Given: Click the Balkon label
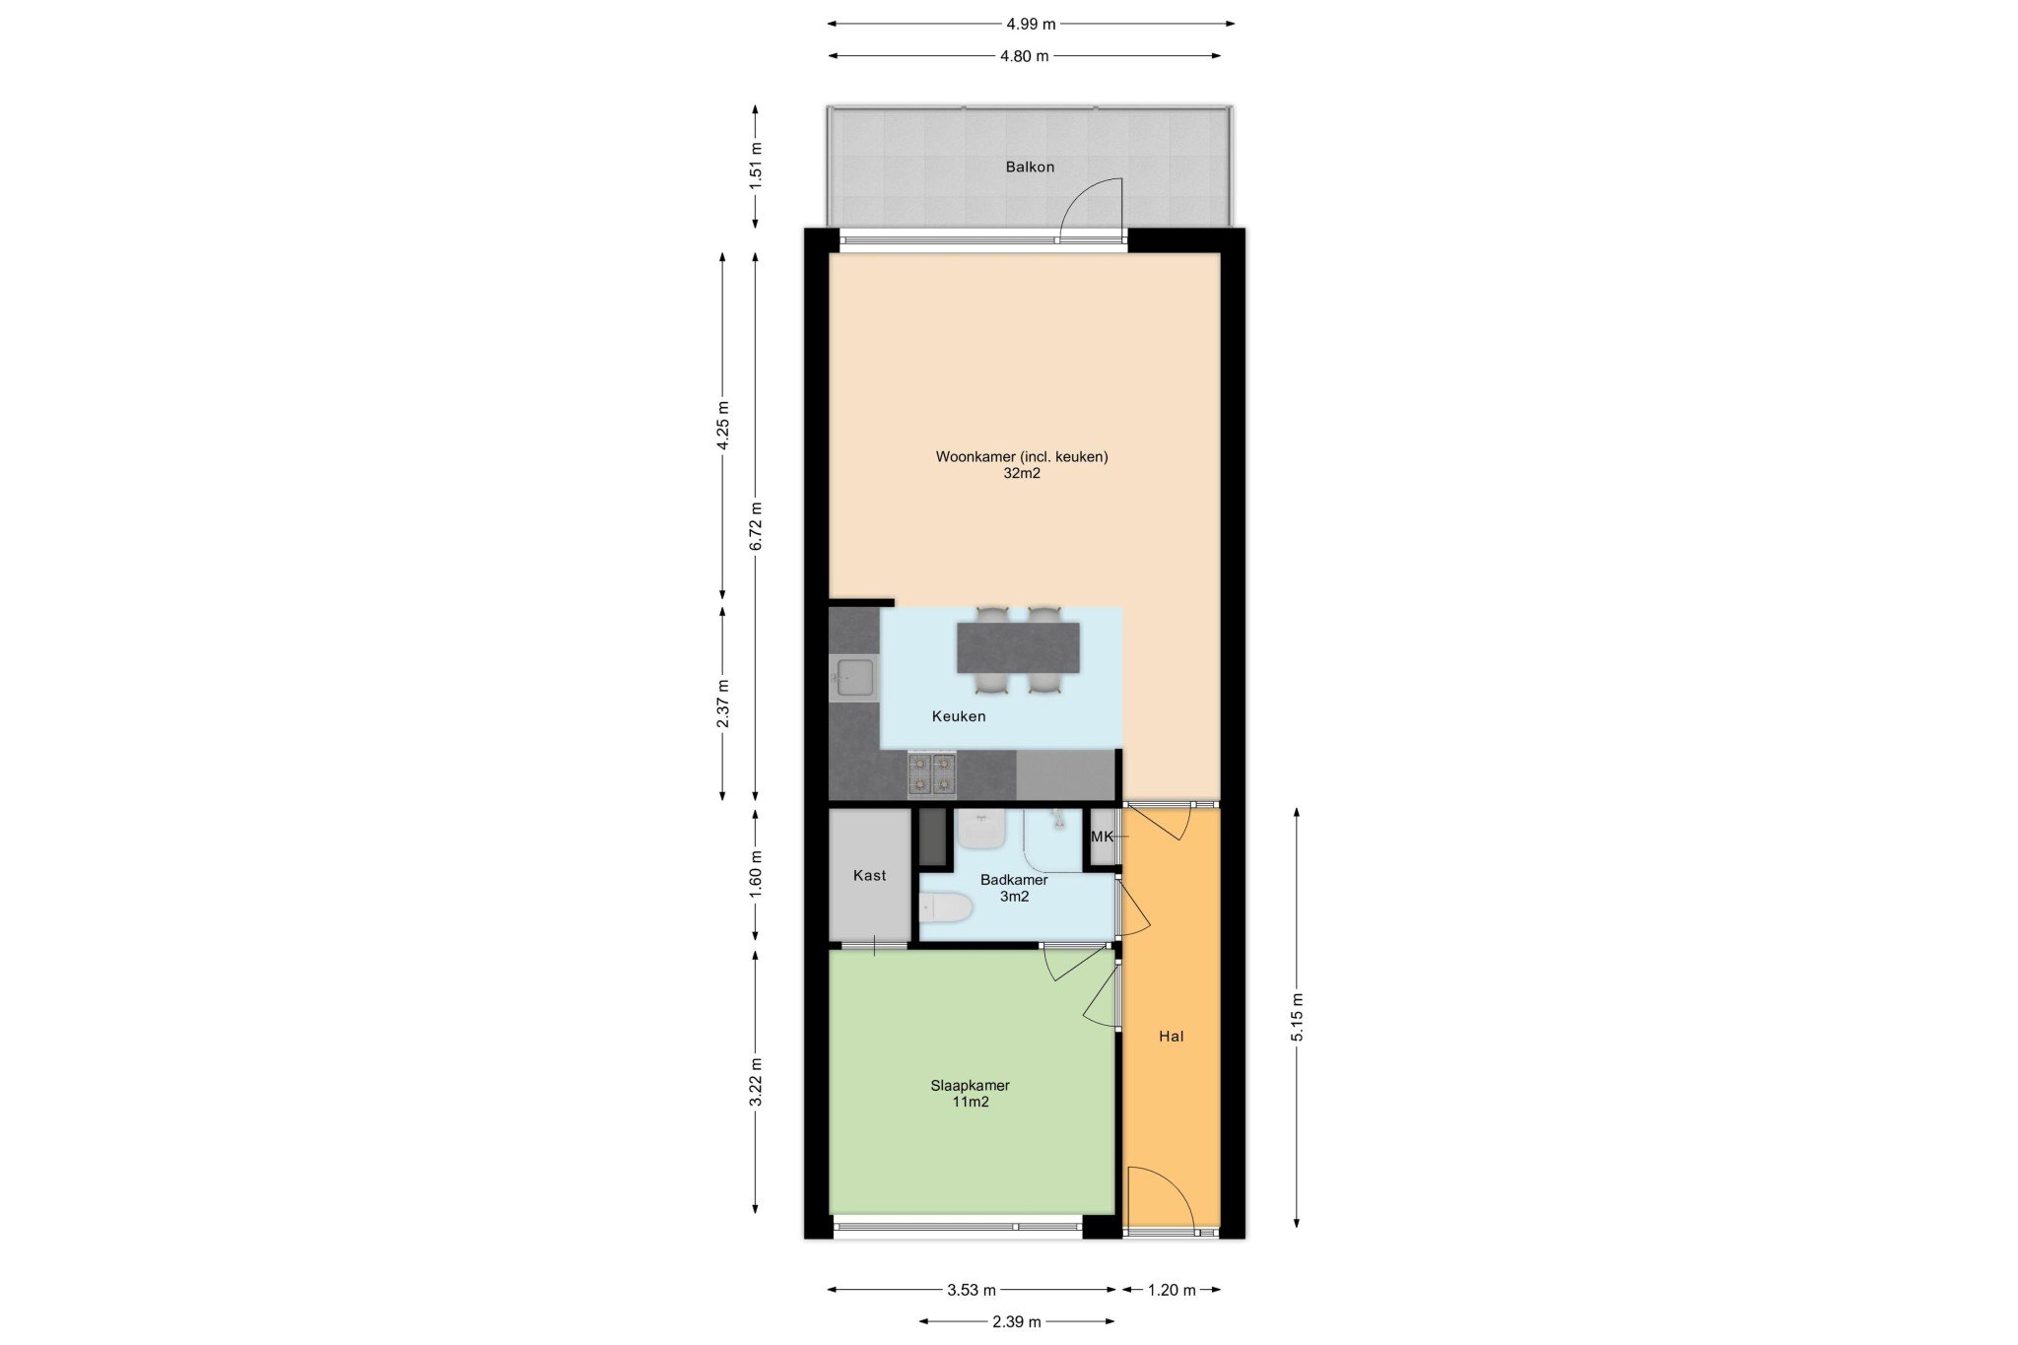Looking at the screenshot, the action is (x=1030, y=167).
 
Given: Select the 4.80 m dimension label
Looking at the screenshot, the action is (x=1025, y=56).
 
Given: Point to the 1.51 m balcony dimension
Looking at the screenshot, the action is (x=756, y=166).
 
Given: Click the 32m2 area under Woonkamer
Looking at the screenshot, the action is (x=1022, y=473).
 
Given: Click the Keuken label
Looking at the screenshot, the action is (x=959, y=716).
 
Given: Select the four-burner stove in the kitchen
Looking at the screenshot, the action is (x=932, y=773).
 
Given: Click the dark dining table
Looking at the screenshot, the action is (x=1018, y=647).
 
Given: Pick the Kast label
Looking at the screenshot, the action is (x=870, y=875).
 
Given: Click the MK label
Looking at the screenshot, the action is (x=1102, y=837).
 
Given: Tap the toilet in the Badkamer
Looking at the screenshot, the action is (x=945, y=908).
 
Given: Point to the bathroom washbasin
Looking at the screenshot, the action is (x=981, y=830).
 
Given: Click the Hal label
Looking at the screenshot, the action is (x=1172, y=1036).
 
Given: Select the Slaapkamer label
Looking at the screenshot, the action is (x=971, y=1086).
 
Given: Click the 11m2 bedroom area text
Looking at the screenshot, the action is (x=971, y=1102).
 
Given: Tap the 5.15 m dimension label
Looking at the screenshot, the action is (x=1297, y=1017).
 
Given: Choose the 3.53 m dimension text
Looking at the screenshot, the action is (x=972, y=1290).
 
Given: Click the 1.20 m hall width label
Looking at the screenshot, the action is (x=1172, y=1290).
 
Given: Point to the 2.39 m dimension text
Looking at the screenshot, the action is (x=1017, y=1321).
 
